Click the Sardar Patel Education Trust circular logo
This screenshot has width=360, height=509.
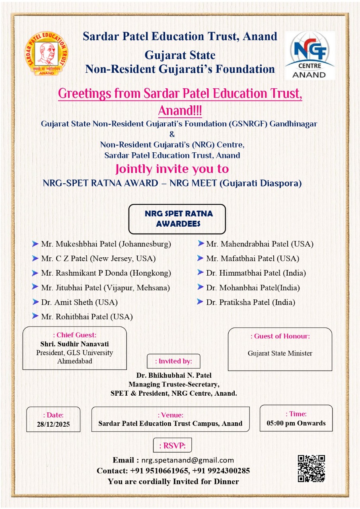46,53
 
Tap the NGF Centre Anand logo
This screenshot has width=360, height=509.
309,55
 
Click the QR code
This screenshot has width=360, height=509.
311,469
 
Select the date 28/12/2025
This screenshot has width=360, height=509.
53,424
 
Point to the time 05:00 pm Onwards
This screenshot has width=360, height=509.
296,423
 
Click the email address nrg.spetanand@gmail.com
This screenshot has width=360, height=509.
187,460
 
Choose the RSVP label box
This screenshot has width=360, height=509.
172,445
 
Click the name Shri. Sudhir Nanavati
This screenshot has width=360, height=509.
74,344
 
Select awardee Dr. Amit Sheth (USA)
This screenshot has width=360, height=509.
79,302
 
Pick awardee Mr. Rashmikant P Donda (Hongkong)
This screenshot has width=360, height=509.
106,273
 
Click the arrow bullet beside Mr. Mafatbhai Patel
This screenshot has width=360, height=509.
200,258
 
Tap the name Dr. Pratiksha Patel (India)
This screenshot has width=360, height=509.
251,302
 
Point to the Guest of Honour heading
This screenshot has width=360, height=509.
280,336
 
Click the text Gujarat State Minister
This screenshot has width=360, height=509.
280,353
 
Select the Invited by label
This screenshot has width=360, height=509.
173,361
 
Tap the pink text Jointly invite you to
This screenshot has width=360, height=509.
172,169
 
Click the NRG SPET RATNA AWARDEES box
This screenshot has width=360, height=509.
177,219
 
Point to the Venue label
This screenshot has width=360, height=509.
170,415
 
